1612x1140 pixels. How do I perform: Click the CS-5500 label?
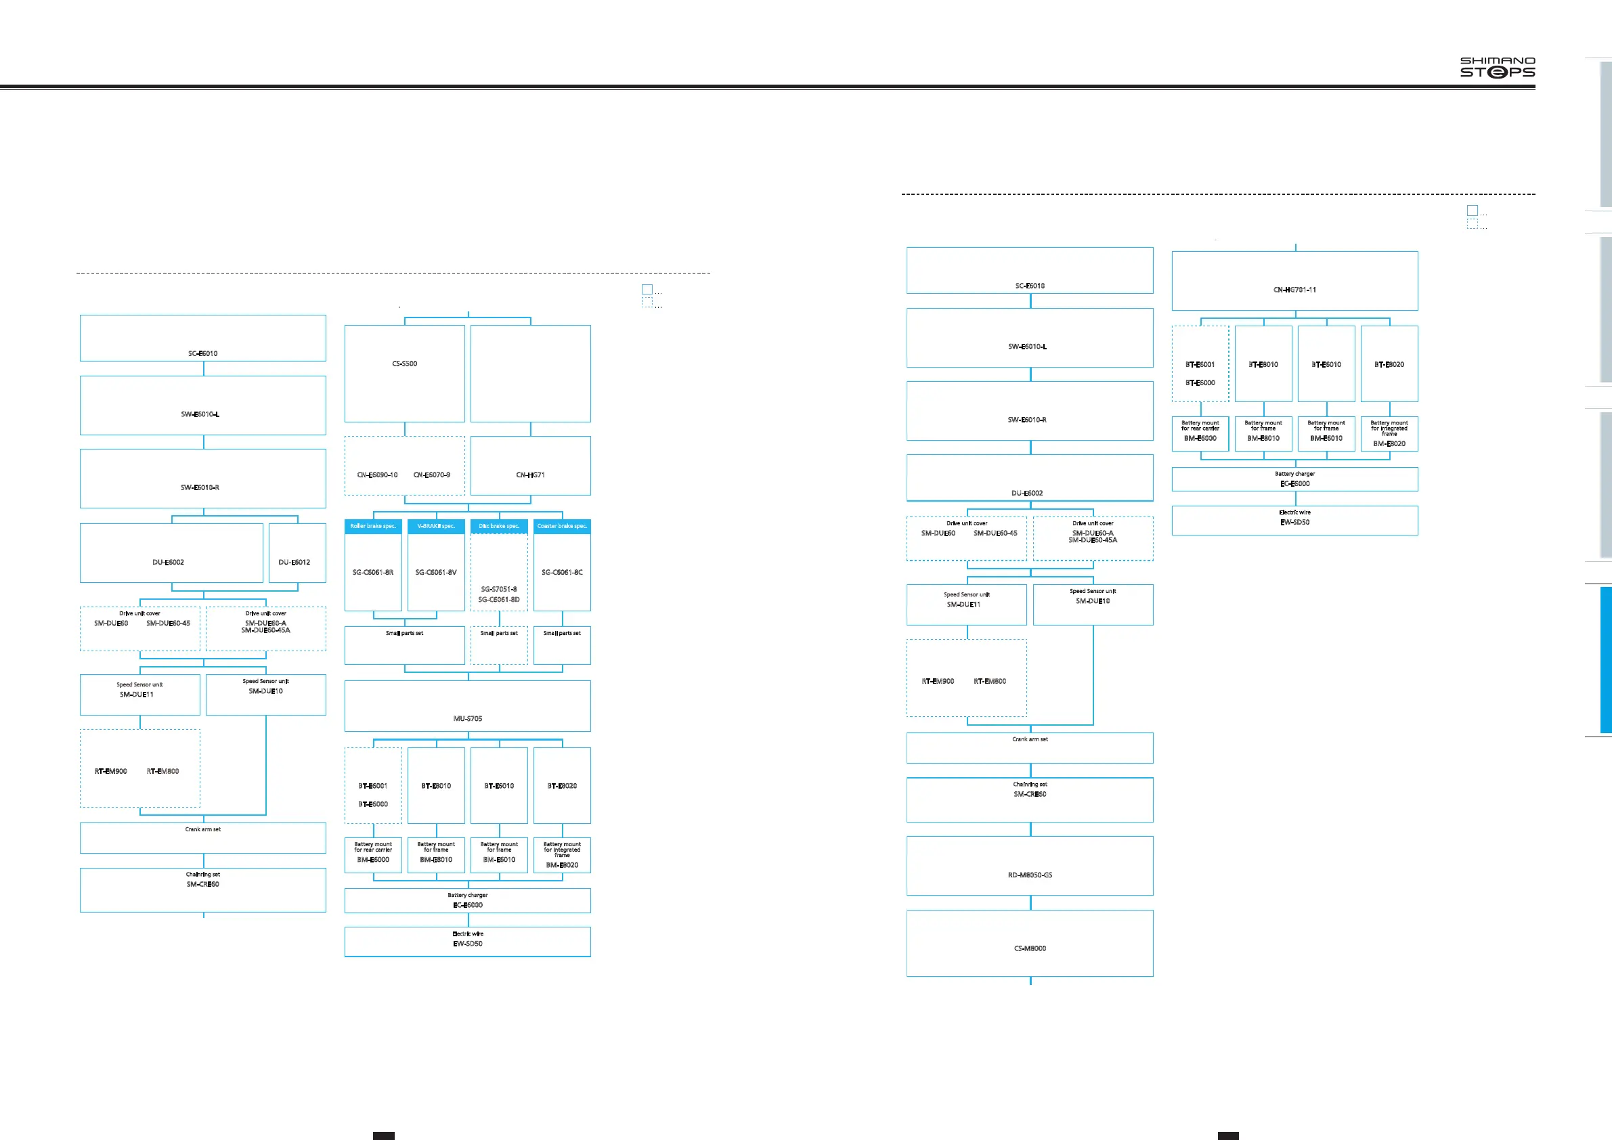[404, 364]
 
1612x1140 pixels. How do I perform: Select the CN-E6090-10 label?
[377, 475]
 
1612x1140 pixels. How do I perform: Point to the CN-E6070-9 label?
[432, 475]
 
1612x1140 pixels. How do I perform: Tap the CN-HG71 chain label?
[530, 475]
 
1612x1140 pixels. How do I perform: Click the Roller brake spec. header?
[373, 526]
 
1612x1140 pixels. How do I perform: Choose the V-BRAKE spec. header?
[436, 526]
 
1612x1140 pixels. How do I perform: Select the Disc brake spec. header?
[499, 526]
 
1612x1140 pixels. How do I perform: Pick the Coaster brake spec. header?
[562, 526]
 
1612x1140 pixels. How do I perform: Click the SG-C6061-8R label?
[373, 572]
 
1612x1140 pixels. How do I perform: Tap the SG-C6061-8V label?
[436, 572]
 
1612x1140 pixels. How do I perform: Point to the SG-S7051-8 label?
[499, 589]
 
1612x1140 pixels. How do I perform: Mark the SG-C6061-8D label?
[499, 600]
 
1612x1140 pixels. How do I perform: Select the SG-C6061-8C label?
[562, 572]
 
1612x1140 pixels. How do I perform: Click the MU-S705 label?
[468, 718]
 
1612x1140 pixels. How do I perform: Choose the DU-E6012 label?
[295, 563]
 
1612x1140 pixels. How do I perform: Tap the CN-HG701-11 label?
[1294, 290]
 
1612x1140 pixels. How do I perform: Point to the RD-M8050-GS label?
[1030, 875]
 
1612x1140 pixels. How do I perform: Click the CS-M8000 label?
[1030, 948]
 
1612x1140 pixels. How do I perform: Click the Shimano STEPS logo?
[1497, 68]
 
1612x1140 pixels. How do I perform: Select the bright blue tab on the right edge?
[1606, 661]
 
